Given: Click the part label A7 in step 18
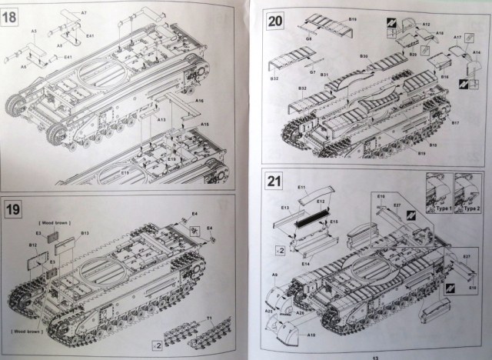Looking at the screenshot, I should (84, 14).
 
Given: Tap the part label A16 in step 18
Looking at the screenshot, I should (199, 101).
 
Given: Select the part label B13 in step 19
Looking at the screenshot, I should (85, 233).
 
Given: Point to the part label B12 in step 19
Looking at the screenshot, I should (33, 245).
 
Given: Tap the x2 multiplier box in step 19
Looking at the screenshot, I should (155, 342).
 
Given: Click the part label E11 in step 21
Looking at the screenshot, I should (301, 188).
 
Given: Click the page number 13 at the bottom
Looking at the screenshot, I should (375, 355).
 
